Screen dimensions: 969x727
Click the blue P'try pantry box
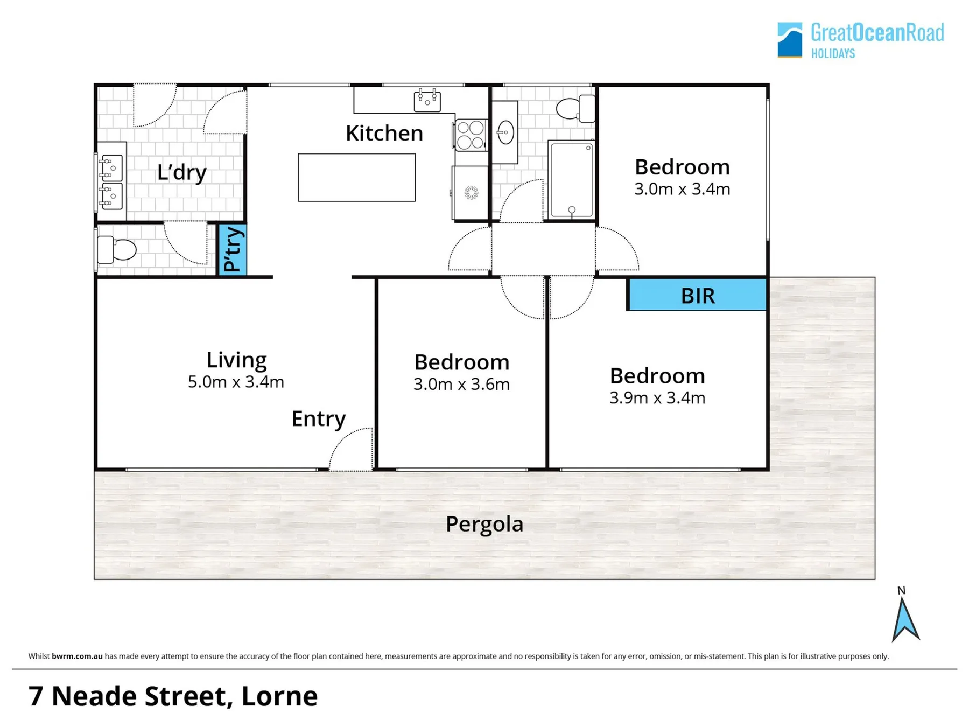[232, 249]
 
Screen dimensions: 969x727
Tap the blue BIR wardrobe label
[698, 295]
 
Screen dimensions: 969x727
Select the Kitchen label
[384, 133]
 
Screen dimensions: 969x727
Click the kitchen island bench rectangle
[357, 178]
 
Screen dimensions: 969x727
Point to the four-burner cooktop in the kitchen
[471, 135]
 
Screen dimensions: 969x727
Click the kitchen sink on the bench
[427, 100]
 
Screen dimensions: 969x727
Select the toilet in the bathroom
[575, 108]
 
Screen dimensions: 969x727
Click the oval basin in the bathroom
[505, 132]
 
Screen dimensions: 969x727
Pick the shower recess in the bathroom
[572, 180]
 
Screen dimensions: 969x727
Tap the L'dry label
[182, 172]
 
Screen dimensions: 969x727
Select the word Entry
[319, 418]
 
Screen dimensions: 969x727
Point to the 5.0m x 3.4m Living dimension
[236, 382]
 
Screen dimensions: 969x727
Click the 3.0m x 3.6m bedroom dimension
[461, 384]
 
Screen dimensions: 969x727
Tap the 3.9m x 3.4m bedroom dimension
[657, 398]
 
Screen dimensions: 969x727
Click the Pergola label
[484, 524]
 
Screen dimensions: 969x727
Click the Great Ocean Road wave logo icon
[790, 40]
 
